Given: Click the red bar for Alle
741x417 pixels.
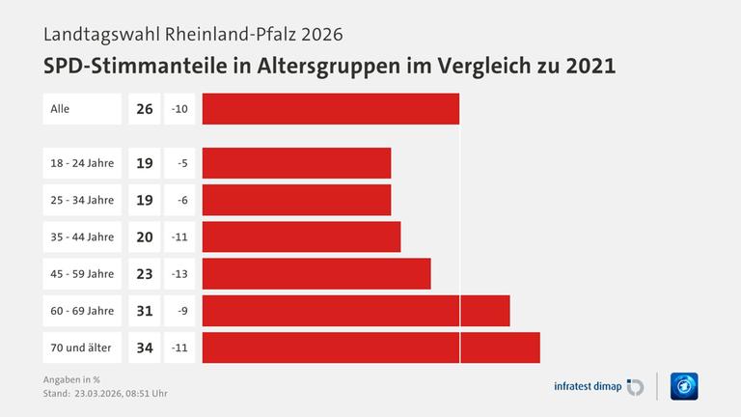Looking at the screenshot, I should coord(331,109).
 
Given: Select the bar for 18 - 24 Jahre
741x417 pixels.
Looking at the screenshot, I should coord(296,163).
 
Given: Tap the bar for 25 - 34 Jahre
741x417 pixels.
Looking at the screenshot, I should coord(296,200).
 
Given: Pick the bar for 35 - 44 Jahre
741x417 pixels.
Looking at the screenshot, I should coord(301,236).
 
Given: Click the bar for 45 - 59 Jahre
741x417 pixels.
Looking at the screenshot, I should coord(316,274).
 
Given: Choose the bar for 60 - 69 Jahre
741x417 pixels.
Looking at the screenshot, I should coord(356,311).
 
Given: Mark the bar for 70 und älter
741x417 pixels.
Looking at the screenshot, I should coord(371,347).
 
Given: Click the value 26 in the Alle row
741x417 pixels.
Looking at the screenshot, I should coord(145,109).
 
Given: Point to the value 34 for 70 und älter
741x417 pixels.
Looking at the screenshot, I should coord(145,347).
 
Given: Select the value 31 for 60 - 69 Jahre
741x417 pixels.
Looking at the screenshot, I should coord(145,311).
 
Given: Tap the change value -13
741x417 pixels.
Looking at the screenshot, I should coord(179,274).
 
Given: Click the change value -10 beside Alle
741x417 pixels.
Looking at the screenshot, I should coord(179,109).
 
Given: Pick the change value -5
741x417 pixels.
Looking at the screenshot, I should coord(180,163).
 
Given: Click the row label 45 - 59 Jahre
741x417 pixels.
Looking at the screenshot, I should coord(82,274).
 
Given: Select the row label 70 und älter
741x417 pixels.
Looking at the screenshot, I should coord(81,347).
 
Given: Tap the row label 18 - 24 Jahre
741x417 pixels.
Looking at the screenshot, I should coord(82,163).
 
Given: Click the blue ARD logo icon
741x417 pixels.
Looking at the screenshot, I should coord(684,386).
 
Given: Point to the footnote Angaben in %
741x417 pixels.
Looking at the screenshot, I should coord(71,378).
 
